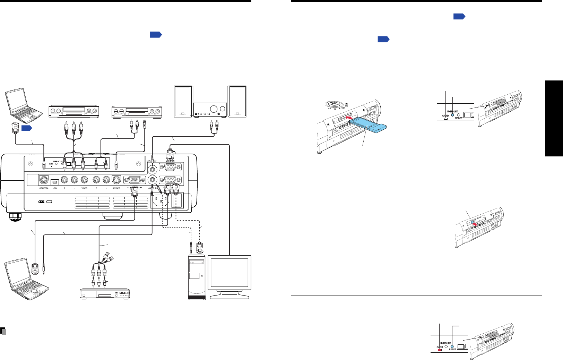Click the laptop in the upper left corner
point(17,104)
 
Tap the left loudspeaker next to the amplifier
point(183,101)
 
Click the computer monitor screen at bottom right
point(229,272)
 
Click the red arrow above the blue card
point(351,119)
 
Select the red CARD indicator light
point(440,350)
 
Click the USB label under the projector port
point(54,188)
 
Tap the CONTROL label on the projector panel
point(44,188)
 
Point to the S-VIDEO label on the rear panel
point(116,188)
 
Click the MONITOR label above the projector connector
point(170,161)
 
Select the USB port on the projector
point(54,181)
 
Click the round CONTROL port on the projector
point(44,180)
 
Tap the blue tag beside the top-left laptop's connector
point(27,128)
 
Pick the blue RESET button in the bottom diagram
point(452,346)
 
